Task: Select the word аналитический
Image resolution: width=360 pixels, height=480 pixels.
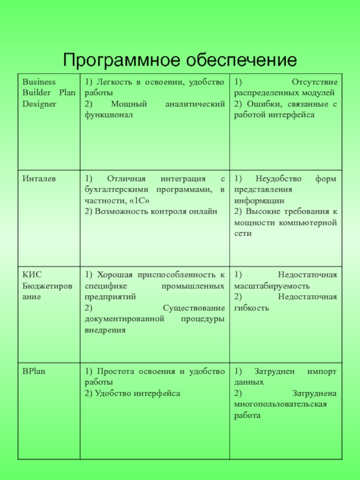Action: point(194,104)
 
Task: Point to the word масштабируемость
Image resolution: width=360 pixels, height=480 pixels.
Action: point(272,286)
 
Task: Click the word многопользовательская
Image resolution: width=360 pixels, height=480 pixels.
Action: point(280,404)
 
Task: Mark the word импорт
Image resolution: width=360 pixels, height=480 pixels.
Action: point(322,372)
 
